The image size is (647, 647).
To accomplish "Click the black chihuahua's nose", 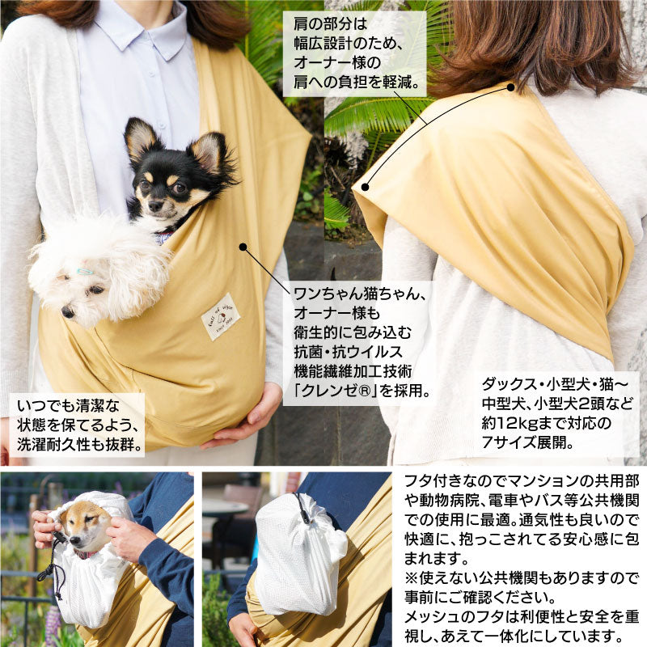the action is pos(154,207).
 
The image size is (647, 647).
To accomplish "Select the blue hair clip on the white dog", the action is pos(85,272).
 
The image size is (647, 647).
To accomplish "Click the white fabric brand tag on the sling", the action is pos(220,316).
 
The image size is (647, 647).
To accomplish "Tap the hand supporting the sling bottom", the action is pos(243,417).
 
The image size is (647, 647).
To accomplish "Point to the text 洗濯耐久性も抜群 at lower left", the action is pos(74,444).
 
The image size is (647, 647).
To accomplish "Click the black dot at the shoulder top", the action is pos(510,87).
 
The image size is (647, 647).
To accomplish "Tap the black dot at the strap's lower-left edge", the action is pos(366,187).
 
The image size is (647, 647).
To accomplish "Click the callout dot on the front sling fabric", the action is pos(243,247).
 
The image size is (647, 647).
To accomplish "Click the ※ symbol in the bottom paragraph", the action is pos(412,578).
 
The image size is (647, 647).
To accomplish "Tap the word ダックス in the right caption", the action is pos(509,385).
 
